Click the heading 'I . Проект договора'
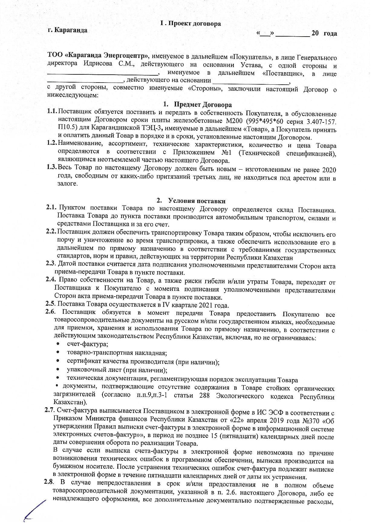tap(190, 24)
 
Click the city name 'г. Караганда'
tap(68, 30)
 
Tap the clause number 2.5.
tap(51, 304)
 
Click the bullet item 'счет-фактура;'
tap(88, 344)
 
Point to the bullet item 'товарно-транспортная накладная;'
tap(117, 353)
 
